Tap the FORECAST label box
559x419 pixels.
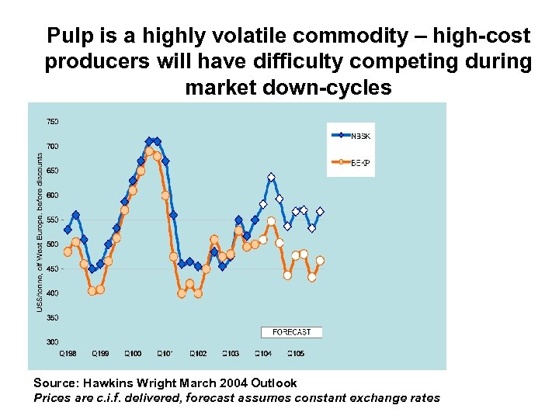[291, 332]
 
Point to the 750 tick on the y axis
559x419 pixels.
[52, 122]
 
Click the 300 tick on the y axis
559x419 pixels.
[52, 342]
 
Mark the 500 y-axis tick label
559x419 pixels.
[52, 244]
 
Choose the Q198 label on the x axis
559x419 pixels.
[68, 354]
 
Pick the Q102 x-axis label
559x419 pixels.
[197, 354]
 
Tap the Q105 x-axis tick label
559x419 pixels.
[296, 354]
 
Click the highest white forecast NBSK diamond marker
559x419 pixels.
[271, 178]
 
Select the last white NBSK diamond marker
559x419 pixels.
[320, 212]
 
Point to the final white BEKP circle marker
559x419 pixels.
[320, 261]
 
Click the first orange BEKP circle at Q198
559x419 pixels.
[68, 251]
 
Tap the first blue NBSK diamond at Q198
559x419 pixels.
[68, 230]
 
